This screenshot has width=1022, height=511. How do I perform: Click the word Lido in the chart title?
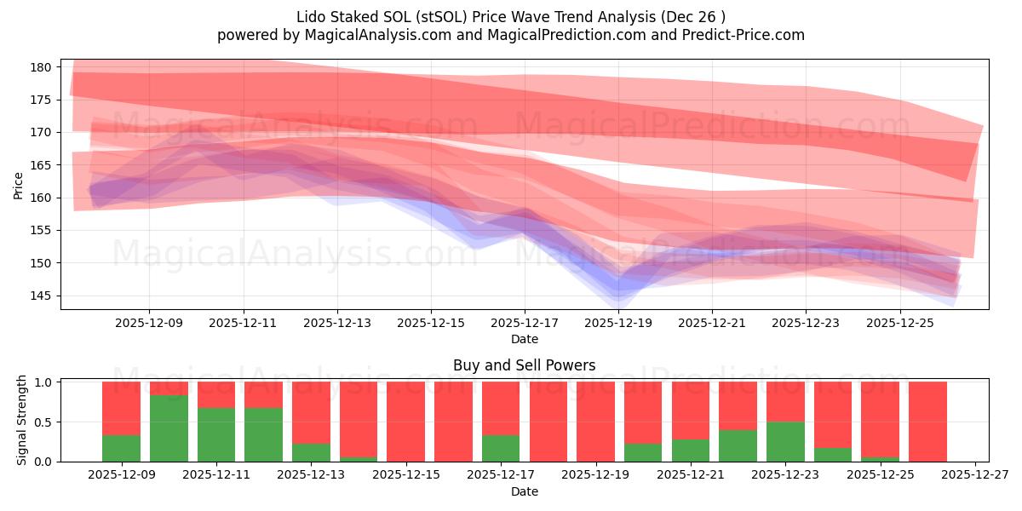click(x=312, y=17)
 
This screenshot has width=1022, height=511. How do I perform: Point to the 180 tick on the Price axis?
click(x=43, y=67)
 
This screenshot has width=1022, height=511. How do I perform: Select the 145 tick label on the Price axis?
click(x=43, y=296)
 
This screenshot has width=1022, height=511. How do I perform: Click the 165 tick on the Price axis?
click(x=43, y=165)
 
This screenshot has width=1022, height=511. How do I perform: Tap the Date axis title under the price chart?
click(x=524, y=339)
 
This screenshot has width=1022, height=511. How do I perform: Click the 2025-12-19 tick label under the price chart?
click(x=618, y=324)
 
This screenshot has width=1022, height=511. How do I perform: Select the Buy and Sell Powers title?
click(x=524, y=365)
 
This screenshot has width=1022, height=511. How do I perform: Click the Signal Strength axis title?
click(x=22, y=420)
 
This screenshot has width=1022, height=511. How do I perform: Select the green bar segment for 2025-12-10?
click(x=169, y=428)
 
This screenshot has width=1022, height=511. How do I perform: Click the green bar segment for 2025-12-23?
click(x=785, y=441)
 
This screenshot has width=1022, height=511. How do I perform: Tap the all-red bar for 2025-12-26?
click(x=927, y=422)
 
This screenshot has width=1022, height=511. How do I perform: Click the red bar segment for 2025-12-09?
click(x=121, y=408)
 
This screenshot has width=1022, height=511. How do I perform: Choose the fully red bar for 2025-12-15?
click(x=405, y=422)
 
